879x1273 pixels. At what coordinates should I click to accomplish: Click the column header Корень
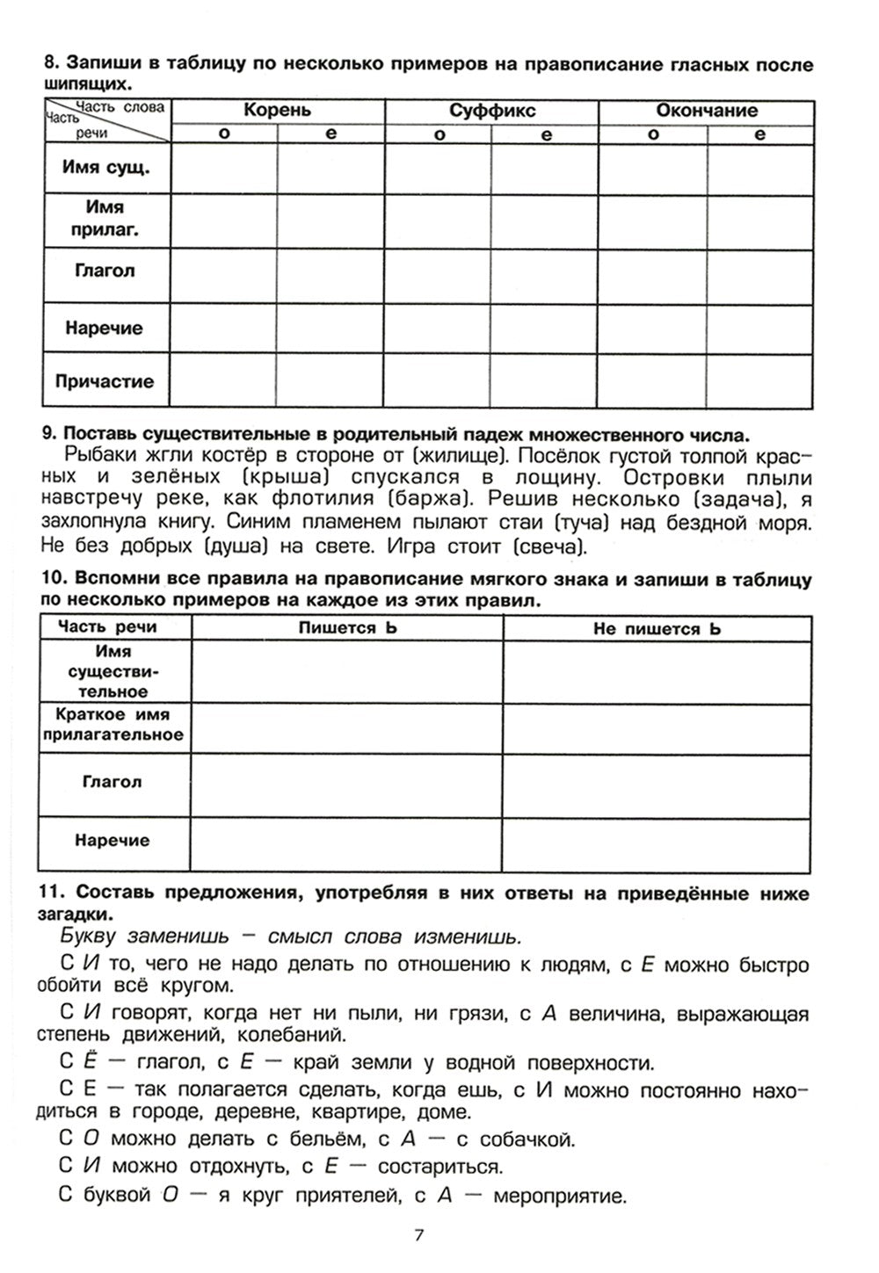(277, 111)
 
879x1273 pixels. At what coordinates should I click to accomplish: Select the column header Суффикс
(491, 111)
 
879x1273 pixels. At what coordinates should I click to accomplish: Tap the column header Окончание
(706, 111)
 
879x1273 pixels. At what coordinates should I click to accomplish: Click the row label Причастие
(105, 381)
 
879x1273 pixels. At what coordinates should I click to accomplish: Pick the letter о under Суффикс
(438, 134)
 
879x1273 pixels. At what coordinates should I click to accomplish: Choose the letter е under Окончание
(759, 134)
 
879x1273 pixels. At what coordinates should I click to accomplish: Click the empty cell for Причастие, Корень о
(224, 381)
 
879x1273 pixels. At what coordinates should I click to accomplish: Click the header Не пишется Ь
(657, 628)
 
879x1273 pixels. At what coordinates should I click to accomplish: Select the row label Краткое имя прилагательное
(113, 725)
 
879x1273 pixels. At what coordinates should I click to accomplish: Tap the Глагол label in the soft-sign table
(112, 782)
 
